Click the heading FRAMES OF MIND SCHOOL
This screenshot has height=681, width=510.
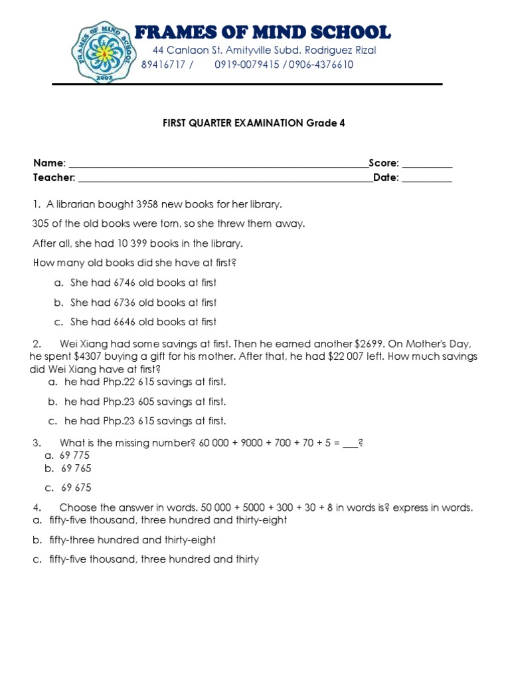pyautogui.click(x=262, y=31)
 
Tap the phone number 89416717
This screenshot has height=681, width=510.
pyautogui.click(x=164, y=65)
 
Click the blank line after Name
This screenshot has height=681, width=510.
pyautogui.click(x=218, y=164)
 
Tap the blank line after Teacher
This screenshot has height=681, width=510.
pyautogui.click(x=224, y=178)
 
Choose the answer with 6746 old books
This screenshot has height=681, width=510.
pyautogui.click(x=143, y=283)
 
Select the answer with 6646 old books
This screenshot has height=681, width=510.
pyautogui.click(x=143, y=322)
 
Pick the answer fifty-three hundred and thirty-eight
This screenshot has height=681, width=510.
pyautogui.click(x=132, y=540)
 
